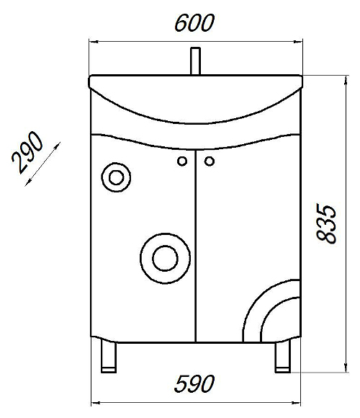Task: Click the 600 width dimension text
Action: (x=194, y=23)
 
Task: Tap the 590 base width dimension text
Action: (x=194, y=384)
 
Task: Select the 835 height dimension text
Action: (x=326, y=224)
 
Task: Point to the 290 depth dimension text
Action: (x=27, y=153)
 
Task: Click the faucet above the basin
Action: (x=195, y=61)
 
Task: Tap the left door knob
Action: (x=182, y=161)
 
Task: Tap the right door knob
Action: (x=210, y=161)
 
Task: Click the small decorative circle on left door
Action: (x=116, y=177)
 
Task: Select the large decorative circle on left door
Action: (x=165, y=259)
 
